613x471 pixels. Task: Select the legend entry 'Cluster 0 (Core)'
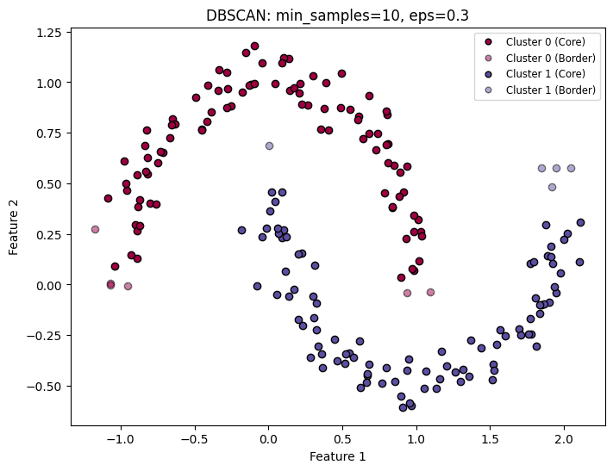(x=542, y=41)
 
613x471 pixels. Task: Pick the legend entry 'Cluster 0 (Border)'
(x=547, y=57)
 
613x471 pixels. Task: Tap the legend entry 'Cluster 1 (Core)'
(x=542, y=73)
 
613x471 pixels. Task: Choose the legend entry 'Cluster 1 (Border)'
(x=547, y=90)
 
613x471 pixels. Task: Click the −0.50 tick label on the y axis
(x=46, y=386)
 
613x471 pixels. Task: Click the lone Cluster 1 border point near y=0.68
(x=269, y=146)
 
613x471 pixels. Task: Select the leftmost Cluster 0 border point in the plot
(x=95, y=229)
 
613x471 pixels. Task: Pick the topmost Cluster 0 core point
(x=254, y=46)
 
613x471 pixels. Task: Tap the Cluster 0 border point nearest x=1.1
(x=430, y=293)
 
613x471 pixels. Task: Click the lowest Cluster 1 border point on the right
(x=552, y=187)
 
